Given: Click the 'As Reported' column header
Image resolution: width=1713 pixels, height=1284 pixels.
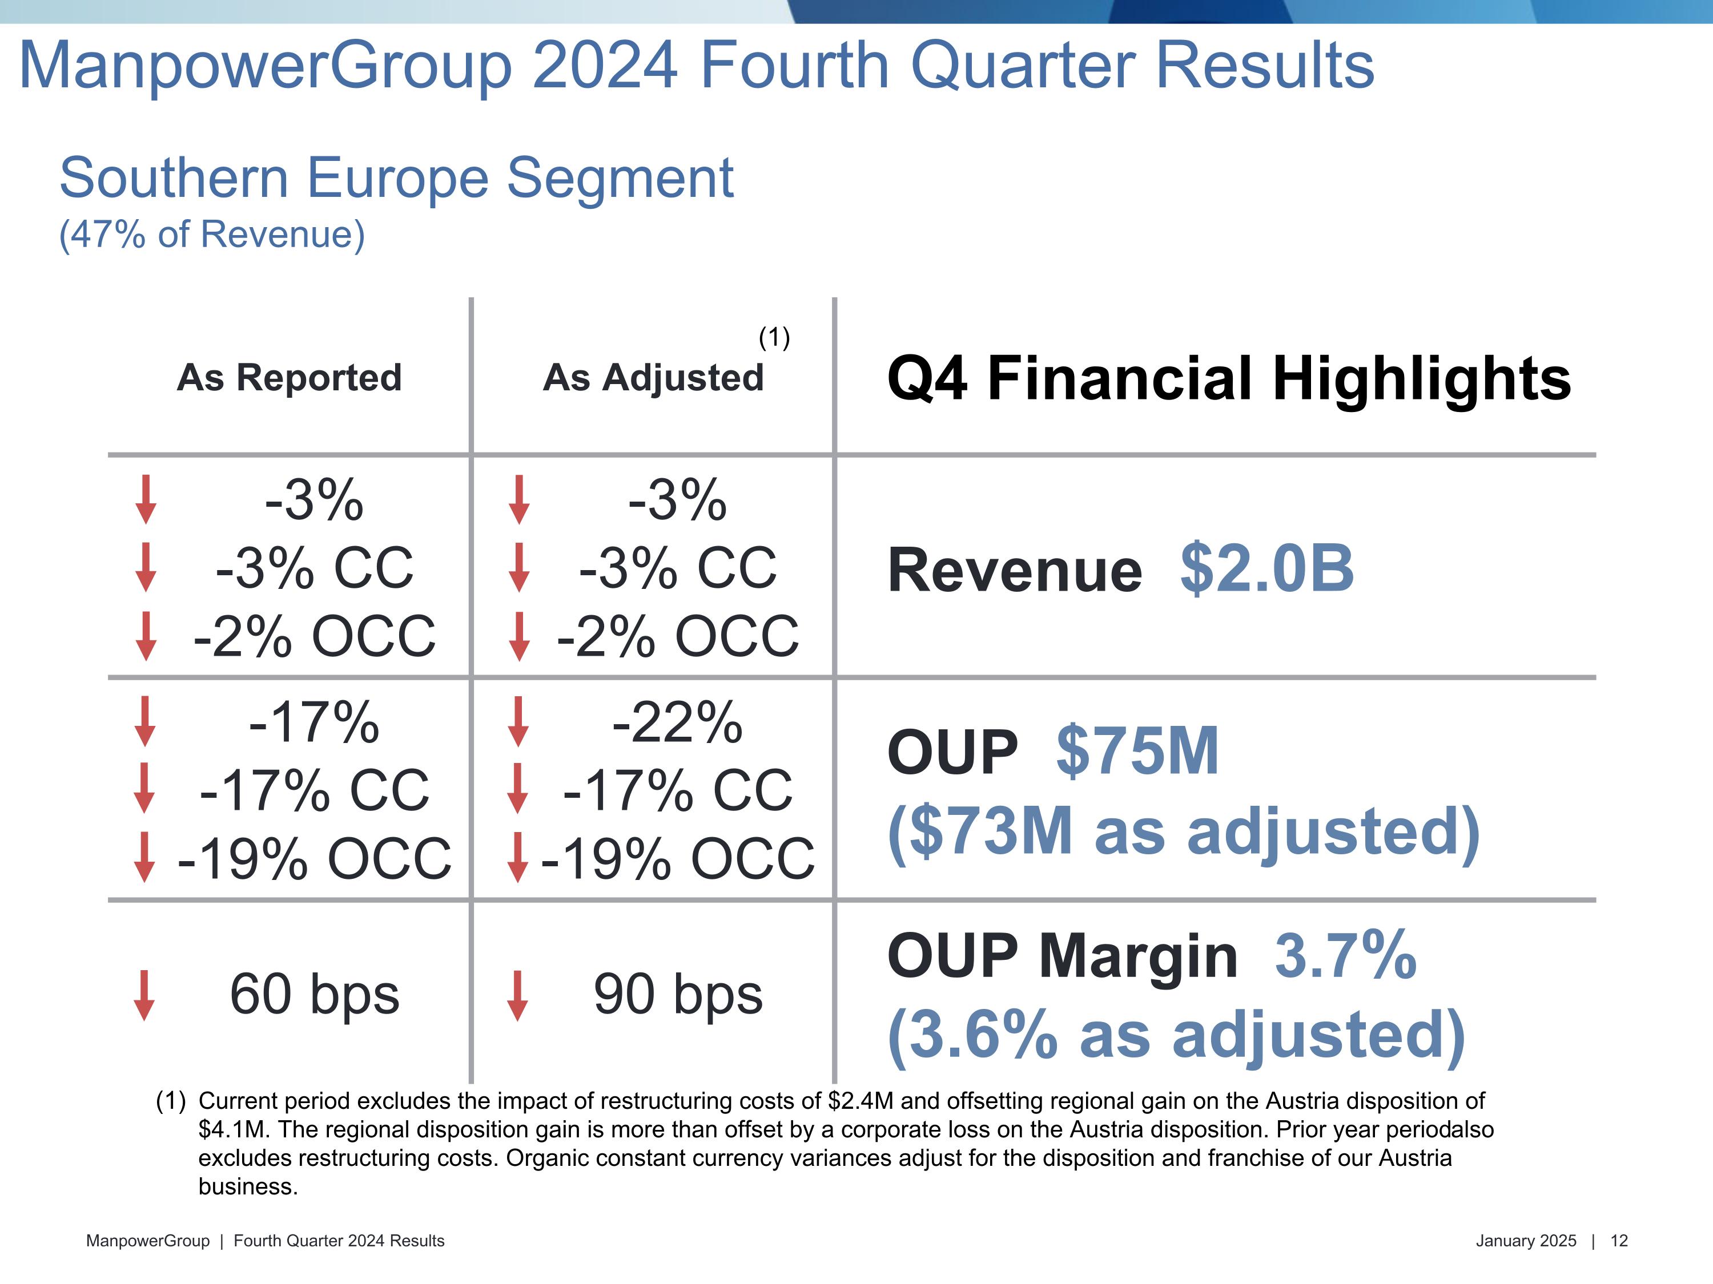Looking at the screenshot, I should coord(289,378).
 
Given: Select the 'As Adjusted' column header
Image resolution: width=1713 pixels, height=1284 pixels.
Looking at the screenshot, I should coord(653,378).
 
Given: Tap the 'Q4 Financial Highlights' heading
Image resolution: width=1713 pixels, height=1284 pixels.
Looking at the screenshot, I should coord(1228,378).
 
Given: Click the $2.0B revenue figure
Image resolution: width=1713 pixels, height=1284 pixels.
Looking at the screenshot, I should coord(1267,569).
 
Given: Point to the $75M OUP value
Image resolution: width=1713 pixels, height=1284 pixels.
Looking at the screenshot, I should coord(1137,751).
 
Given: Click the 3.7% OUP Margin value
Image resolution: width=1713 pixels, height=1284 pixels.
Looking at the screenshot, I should coord(1345,956).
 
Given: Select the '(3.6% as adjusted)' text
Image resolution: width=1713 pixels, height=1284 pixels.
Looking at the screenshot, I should coord(1176,1035).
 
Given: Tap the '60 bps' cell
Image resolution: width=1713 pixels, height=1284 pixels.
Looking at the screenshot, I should coord(315,995).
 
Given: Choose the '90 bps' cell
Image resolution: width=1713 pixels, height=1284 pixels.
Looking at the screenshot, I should coord(678,995).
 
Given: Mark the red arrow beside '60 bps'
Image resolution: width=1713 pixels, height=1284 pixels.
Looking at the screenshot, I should coord(143,995).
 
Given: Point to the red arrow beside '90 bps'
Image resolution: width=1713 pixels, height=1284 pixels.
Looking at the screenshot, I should coord(517,995).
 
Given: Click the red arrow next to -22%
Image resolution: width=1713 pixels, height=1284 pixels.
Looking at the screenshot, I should coord(518,721).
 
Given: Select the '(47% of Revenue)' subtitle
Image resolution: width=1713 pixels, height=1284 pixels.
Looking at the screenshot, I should coord(211,234).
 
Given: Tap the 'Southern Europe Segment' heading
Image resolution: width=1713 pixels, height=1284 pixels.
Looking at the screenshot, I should coord(396,178).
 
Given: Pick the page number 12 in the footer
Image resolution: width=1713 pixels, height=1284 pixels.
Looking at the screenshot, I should coord(1619,1241).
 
